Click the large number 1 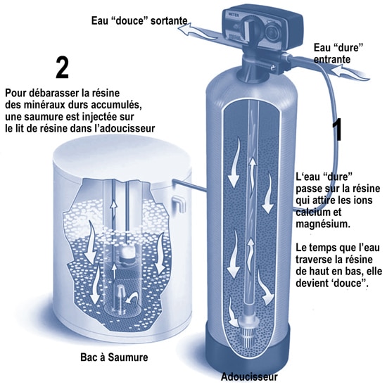coord(337,131)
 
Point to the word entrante coord(332,61)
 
